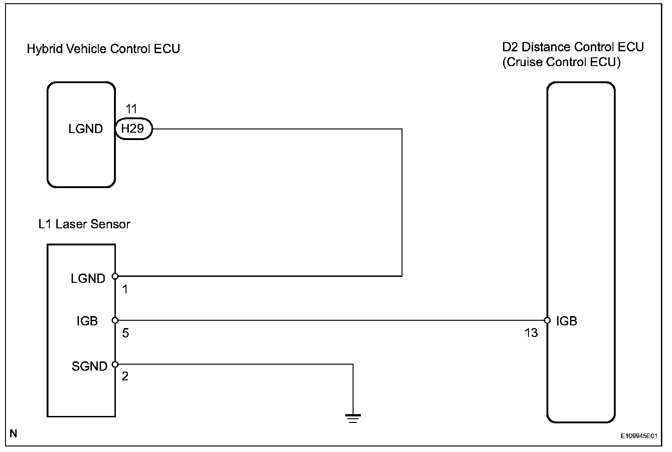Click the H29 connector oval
(x=133, y=129)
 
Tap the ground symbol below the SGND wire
(x=353, y=418)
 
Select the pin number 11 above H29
(x=132, y=109)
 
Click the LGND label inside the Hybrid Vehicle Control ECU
(x=85, y=129)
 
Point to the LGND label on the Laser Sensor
(x=88, y=278)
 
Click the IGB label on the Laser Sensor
(x=87, y=321)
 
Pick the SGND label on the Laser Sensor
(x=89, y=366)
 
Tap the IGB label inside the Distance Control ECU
(x=566, y=321)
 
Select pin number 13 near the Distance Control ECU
(x=531, y=333)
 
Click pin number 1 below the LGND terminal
(x=125, y=290)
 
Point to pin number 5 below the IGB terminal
(x=125, y=333)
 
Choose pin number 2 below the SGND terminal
(x=125, y=376)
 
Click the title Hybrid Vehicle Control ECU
(x=103, y=49)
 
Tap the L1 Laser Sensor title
(x=84, y=224)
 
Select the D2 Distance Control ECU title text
(x=573, y=47)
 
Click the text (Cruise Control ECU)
(x=561, y=62)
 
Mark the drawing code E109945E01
(x=638, y=435)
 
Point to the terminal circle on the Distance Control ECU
(x=547, y=320)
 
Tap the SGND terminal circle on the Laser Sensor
(x=115, y=364)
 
